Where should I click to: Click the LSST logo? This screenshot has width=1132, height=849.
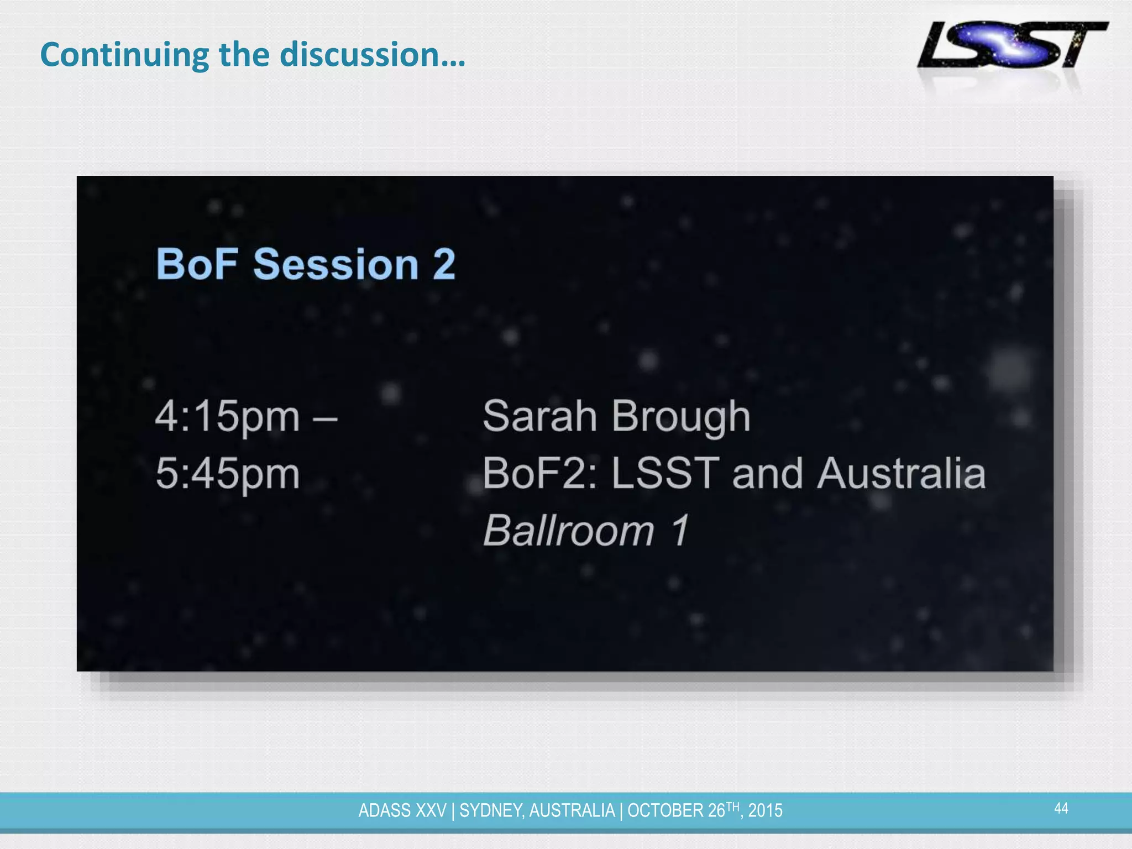click(1012, 45)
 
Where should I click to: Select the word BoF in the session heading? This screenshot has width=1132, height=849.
click(197, 264)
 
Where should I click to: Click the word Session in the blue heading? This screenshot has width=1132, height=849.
click(336, 264)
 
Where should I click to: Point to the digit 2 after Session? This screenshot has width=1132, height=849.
click(444, 264)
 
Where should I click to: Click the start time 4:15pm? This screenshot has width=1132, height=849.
click(227, 417)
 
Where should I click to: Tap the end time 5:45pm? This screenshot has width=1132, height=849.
click(227, 474)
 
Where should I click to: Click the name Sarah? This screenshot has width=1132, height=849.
click(539, 416)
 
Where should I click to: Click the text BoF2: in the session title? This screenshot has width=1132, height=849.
click(539, 474)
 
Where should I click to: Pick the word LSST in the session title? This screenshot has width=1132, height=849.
click(665, 474)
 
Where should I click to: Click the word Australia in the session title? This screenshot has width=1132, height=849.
click(901, 474)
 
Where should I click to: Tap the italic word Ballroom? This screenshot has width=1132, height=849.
click(569, 531)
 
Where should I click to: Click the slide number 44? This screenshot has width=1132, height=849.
click(1061, 809)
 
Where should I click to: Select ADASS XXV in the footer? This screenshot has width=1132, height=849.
click(402, 811)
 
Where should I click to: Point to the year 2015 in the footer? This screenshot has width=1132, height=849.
click(765, 811)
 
